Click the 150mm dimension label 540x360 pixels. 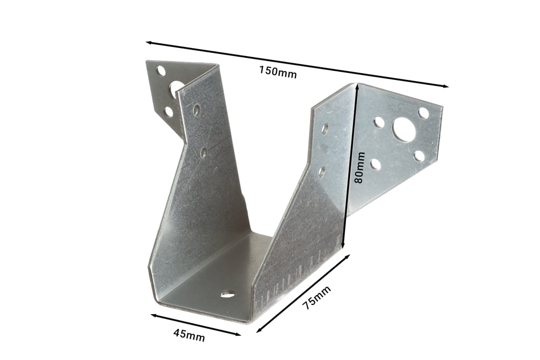278,71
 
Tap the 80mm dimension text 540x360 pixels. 359,168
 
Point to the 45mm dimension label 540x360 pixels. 189,334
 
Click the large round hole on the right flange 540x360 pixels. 404,130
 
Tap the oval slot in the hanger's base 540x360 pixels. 228,294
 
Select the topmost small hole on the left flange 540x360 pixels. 160,70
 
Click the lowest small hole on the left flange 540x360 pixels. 168,112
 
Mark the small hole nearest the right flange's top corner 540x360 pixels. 423,113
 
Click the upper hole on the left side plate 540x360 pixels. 197,110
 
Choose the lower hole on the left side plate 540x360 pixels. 204,152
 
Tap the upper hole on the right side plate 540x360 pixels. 325,128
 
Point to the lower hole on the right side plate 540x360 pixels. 322,172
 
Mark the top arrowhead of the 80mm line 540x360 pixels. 356,86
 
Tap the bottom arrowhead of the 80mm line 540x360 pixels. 343,247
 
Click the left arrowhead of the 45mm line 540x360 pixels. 153,315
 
